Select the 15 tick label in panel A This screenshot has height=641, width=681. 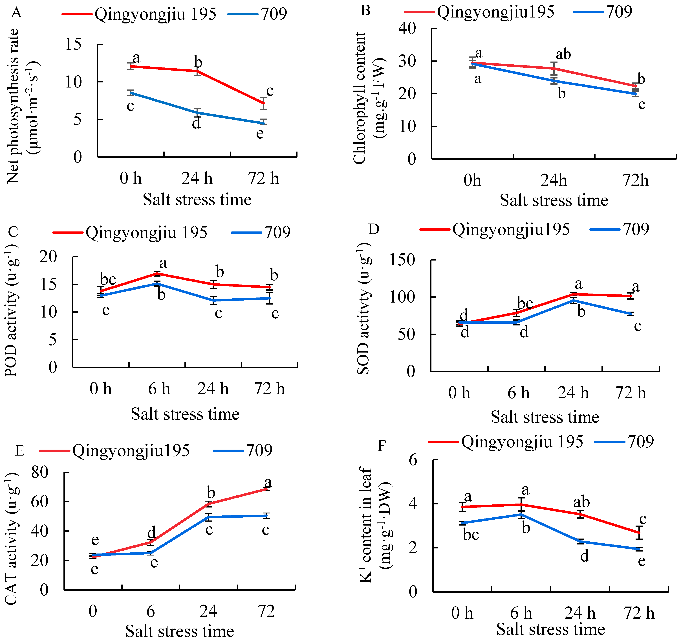pyautogui.click(x=73, y=45)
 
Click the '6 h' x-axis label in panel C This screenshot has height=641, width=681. pyautogui.click(x=159, y=389)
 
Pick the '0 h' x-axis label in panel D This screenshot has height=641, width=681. pyautogui.click(x=459, y=393)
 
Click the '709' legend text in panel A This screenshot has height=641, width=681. pyautogui.click(x=274, y=14)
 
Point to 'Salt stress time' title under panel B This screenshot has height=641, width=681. pyautogui.click(x=554, y=200)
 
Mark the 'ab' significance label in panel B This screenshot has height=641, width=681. pyautogui.click(x=563, y=54)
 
